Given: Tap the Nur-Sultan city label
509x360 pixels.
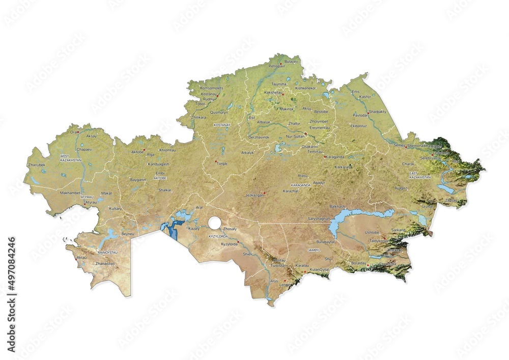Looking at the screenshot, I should (296, 137).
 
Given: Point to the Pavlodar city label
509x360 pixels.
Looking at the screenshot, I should (360, 116).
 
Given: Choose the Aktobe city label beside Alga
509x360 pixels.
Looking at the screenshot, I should (137, 152).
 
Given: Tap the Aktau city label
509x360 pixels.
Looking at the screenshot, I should (81, 258).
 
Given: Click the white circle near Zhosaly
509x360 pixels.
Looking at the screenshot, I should (214, 222).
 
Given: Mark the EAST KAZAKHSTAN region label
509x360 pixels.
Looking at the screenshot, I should (420, 175).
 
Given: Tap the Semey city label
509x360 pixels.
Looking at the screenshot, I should (398, 146).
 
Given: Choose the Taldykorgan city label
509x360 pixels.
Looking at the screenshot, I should (378, 240).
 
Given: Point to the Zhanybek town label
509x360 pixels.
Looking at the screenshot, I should (37, 165).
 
